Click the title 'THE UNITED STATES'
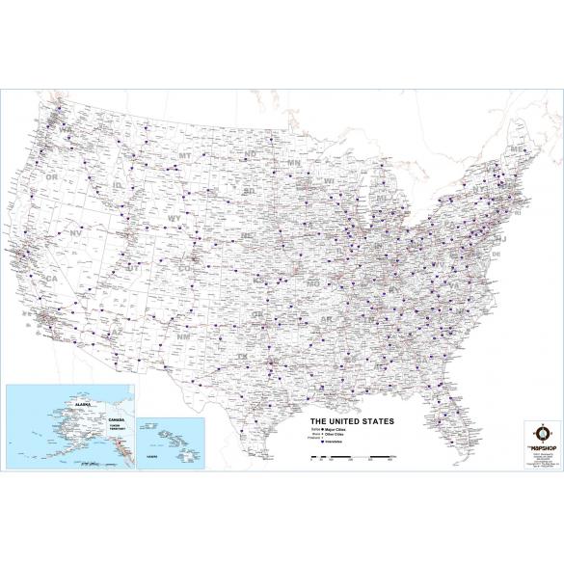351,421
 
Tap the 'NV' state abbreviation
74,234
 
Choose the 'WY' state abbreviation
175,219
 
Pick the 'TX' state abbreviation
244,357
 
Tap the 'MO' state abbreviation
312,285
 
